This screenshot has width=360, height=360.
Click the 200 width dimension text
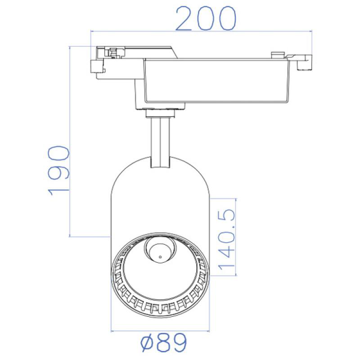click(206, 18)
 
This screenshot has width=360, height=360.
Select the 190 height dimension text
click(58, 171)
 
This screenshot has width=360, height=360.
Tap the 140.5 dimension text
click(227, 239)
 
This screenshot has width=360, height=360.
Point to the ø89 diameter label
click(164, 342)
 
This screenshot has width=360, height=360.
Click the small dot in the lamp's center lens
click(160, 257)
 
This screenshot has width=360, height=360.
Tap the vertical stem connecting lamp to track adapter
click(161, 142)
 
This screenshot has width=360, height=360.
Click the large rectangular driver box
click(216, 81)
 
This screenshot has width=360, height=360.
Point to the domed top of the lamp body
click(160, 175)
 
